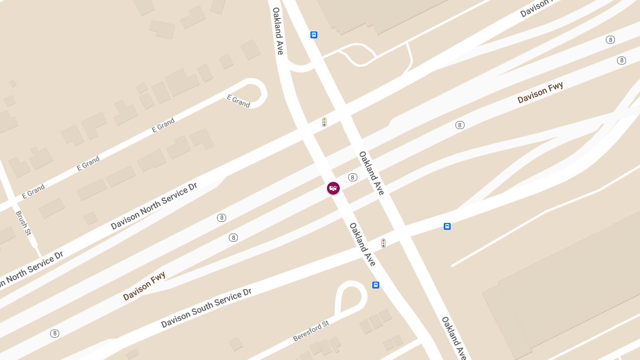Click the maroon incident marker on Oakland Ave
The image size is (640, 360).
click(333, 188)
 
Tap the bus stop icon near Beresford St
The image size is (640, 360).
click(375, 285)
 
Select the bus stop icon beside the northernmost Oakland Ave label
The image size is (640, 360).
click(314, 35)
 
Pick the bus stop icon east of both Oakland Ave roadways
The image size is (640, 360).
click(447, 226)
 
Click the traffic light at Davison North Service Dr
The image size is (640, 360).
click(324, 122)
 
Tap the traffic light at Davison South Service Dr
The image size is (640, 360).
click(383, 243)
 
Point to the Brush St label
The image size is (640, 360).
click(24, 223)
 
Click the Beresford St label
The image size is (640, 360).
click(311, 331)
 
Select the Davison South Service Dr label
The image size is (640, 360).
click(206, 308)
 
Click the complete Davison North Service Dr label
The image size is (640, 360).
click(154, 206)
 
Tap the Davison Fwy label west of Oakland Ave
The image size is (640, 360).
click(144, 286)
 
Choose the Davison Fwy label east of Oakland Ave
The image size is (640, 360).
click(540, 93)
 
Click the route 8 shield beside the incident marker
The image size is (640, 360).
click(353, 177)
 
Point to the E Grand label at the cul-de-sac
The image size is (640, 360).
click(238, 101)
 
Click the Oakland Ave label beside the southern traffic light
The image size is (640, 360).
click(363, 244)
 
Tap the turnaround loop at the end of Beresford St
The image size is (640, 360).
click(350, 295)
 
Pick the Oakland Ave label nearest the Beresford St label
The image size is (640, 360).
click(454, 338)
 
